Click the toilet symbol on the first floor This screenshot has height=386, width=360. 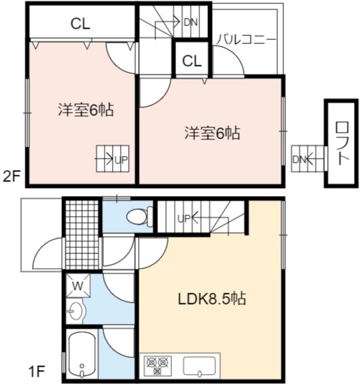(139, 216)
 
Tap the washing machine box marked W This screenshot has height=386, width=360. (78, 286)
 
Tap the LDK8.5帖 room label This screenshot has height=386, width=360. (211, 299)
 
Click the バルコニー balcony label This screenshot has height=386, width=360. (245, 39)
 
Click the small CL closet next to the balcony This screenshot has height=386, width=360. (192, 61)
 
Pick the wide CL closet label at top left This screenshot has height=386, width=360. (80, 24)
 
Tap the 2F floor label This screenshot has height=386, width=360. (11, 177)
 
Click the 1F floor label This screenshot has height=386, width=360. (37, 371)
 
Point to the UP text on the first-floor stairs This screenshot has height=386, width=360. (184, 218)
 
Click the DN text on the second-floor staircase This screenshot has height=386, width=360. (191, 23)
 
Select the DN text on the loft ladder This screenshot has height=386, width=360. (299, 160)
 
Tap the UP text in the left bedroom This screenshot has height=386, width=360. (121, 160)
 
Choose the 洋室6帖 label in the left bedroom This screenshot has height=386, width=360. (86, 109)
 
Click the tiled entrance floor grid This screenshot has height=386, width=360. (82, 235)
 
